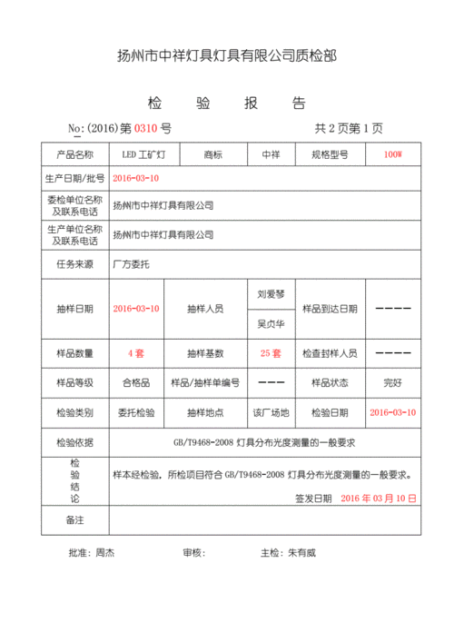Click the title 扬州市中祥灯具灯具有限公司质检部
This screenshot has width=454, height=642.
pyautogui.click(x=227, y=56)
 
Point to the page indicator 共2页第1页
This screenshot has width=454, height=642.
pyautogui.click(x=349, y=129)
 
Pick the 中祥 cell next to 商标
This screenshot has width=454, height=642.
pyautogui.click(x=271, y=155)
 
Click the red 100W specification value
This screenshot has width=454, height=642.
pyautogui.click(x=392, y=155)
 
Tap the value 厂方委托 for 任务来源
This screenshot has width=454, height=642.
pyautogui.click(x=130, y=265)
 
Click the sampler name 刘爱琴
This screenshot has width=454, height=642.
pyautogui.click(x=271, y=295)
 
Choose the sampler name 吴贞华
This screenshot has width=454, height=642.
pyautogui.click(x=271, y=323)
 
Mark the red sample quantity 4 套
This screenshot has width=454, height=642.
pyautogui.click(x=136, y=352)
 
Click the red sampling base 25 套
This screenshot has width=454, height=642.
pyautogui.click(x=271, y=352)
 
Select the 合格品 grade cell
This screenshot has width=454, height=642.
pyautogui.click(x=136, y=382)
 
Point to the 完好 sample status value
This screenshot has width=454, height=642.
pyautogui.click(x=392, y=382)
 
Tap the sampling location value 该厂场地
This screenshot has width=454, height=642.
pyautogui.click(x=271, y=412)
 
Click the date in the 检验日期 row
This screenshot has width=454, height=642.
pyautogui.click(x=392, y=412)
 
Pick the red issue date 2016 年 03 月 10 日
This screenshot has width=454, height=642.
pyautogui.click(x=379, y=499)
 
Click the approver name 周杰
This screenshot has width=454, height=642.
pyautogui.click(x=104, y=552)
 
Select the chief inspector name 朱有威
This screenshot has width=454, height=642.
pyautogui.click(x=302, y=552)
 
